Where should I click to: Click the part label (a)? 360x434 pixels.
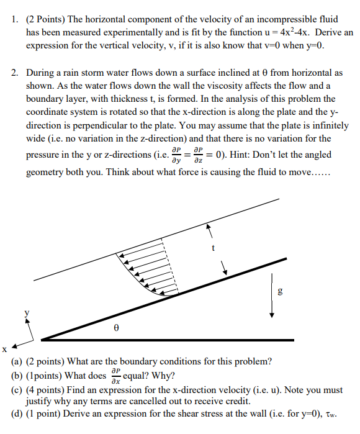pyautogui.click(x=17, y=361)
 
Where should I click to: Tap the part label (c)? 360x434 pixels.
pyautogui.click(x=17, y=389)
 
